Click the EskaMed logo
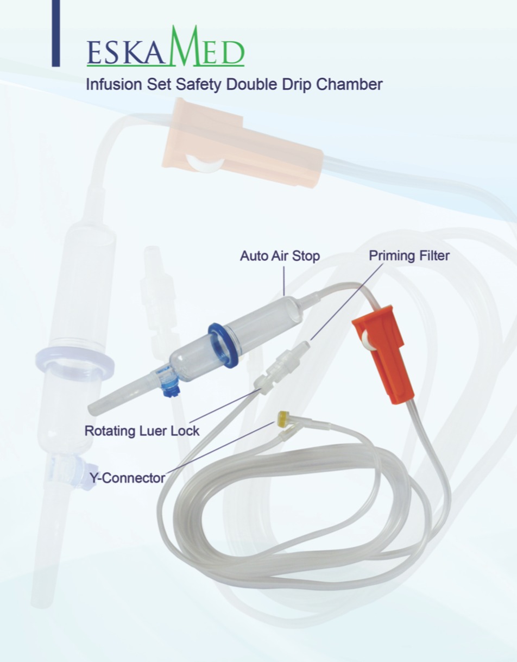[x=166, y=46]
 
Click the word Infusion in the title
[x=114, y=84]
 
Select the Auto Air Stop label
[x=280, y=256]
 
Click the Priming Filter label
[x=409, y=256]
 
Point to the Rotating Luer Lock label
[x=142, y=431]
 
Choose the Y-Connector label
[x=128, y=478]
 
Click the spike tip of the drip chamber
[x=91, y=409]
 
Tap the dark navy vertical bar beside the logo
[x=56, y=33]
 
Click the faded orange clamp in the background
[x=242, y=142]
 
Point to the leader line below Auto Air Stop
[x=284, y=281]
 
